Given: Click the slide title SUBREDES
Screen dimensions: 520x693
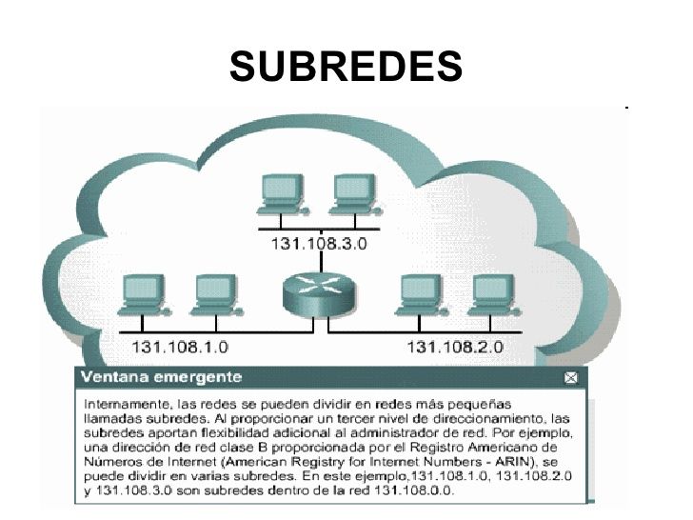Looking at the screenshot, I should [346, 67].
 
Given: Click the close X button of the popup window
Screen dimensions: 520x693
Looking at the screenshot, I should [570, 378].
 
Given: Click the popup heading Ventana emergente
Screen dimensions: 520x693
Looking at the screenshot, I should [161, 377].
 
